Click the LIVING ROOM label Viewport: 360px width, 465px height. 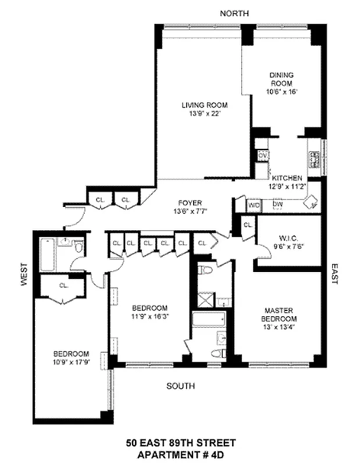click(204, 105)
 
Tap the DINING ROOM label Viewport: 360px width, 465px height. click(281, 79)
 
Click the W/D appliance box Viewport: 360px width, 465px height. click(254, 205)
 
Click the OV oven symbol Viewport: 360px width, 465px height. click(262, 156)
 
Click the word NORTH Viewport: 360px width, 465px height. click(235, 13)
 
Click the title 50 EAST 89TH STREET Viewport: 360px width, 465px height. click(181, 443)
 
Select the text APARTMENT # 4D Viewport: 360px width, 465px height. click(181, 454)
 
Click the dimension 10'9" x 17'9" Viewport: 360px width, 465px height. click(71, 362)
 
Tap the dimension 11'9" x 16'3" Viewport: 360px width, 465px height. click(149, 316)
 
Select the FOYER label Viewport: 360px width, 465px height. click(190, 203)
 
